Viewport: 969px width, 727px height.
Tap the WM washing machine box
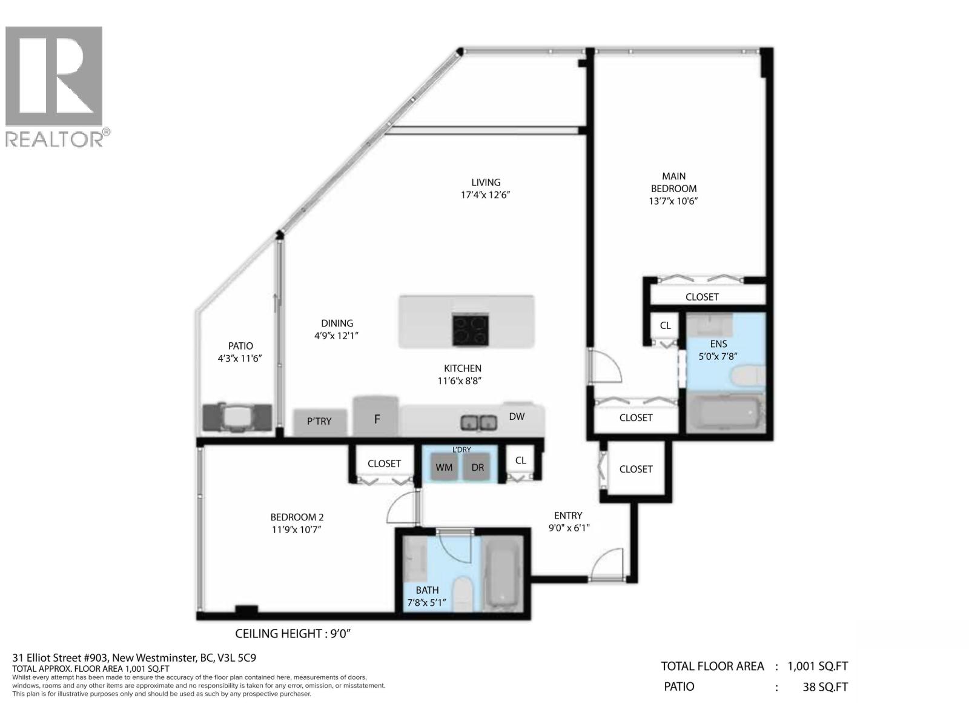(x=444, y=468)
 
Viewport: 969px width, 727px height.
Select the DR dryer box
(x=478, y=468)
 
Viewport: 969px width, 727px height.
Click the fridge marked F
(x=376, y=417)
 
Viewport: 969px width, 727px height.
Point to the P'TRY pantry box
(x=319, y=422)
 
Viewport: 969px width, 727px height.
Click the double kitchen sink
(x=479, y=422)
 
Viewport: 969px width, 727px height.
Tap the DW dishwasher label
(x=517, y=416)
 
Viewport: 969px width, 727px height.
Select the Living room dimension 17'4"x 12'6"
(x=486, y=195)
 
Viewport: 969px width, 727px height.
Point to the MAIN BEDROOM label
(x=673, y=182)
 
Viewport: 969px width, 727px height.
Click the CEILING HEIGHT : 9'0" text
(x=293, y=634)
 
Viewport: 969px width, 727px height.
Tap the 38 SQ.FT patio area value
(x=825, y=687)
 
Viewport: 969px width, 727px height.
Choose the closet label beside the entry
(x=636, y=469)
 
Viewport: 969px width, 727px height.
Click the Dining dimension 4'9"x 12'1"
(x=337, y=336)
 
